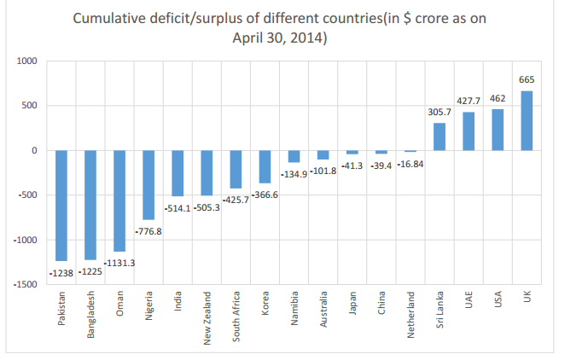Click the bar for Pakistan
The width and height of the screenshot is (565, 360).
(x=61, y=206)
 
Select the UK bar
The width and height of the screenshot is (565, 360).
(x=527, y=120)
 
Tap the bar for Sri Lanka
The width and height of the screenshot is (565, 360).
(x=440, y=136)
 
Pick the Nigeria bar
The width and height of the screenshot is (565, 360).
(x=149, y=185)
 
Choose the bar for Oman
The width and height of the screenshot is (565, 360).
(x=119, y=200)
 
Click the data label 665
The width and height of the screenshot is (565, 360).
(x=527, y=82)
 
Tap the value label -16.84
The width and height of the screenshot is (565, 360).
(x=410, y=162)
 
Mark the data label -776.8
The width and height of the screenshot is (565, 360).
(x=149, y=229)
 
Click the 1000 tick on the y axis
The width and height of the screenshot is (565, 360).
(x=29, y=61)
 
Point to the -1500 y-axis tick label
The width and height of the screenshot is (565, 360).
(x=26, y=284)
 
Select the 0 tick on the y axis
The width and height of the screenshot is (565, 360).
(x=36, y=150)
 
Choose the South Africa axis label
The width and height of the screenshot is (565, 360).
(x=236, y=318)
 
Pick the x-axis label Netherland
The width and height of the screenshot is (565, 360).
(x=411, y=316)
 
